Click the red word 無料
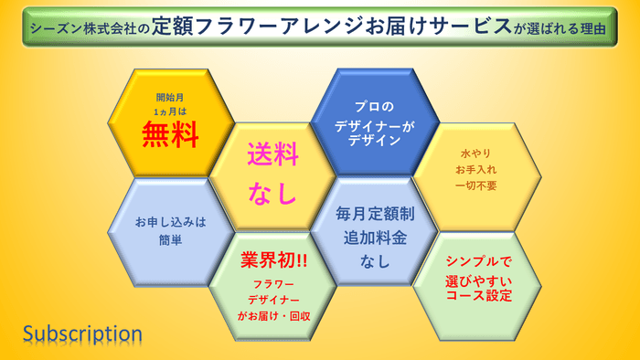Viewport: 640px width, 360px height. point(170,135)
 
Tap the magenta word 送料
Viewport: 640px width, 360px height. point(272,155)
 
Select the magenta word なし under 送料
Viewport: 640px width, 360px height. point(272,194)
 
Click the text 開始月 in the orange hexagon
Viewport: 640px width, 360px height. point(170,96)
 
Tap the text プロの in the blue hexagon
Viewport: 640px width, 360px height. point(376,108)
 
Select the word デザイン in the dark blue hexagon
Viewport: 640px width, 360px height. point(376,141)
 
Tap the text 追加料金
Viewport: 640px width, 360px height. point(376,238)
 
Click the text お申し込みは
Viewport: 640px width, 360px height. point(170,222)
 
